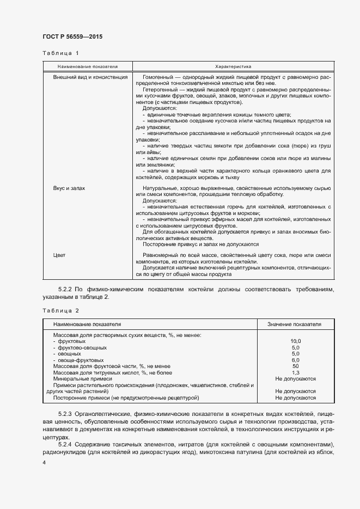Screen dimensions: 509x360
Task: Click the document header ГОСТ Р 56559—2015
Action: (x=72, y=36)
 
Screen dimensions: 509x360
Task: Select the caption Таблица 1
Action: (x=60, y=53)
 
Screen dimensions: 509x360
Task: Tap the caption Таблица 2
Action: (x=60, y=310)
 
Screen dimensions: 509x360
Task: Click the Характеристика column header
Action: (x=233, y=66)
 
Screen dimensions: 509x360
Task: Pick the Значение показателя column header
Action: (x=294, y=324)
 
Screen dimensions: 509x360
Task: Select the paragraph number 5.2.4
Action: (x=65, y=444)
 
